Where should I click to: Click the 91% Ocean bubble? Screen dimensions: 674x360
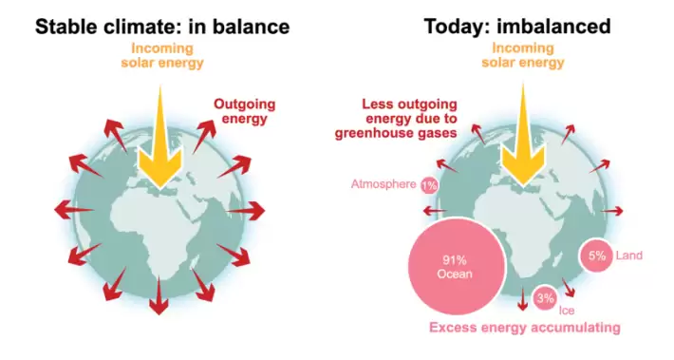(x=457, y=266)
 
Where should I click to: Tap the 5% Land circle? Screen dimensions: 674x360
(x=596, y=256)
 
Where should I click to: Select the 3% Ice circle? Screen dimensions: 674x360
(x=545, y=298)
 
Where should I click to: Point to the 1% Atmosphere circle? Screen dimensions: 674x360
(x=429, y=185)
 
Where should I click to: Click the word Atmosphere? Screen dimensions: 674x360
(x=384, y=184)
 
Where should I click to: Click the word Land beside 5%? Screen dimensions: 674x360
(x=628, y=256)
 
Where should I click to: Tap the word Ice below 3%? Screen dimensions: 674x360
(x=567, y=311)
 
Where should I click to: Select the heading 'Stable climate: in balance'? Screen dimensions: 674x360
(x=162, y=27)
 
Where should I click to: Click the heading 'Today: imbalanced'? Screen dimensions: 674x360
(x=517, y=27)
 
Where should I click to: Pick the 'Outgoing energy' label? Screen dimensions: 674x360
(x=245, y=111)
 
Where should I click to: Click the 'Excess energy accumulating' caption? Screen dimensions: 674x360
(x=525, y=328)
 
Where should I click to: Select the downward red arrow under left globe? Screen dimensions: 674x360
(x=159, y=295)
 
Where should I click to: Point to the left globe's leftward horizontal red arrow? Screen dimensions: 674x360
(x=74, y=210)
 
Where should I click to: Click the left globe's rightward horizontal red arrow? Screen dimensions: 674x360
(x=246, y=211)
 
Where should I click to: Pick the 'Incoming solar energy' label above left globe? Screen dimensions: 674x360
(x=162, y=55)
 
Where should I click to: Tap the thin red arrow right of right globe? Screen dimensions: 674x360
(x=612, y=211)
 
